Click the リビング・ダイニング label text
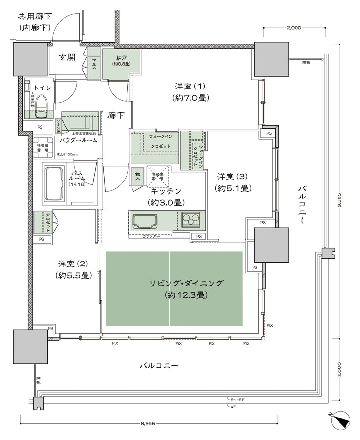coord(187,283)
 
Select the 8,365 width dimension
coord(148,424)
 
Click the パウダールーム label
coord(78,140)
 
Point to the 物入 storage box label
coord(137,176)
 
